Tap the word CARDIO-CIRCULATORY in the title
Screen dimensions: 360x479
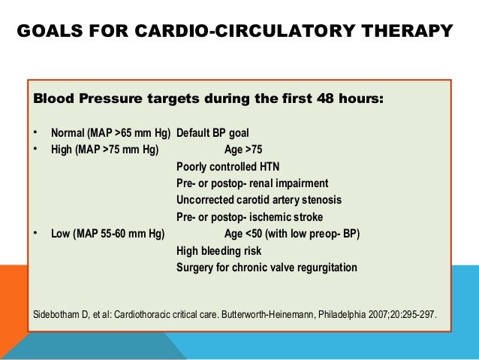[x=249, y=32]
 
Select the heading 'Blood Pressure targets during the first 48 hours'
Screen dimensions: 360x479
[x=209, y=99]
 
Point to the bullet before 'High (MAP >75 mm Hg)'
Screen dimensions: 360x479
[x=35, y=150]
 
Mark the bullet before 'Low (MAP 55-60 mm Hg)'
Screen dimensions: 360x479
[x=35, y=233]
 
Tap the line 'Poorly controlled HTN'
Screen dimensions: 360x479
[x=227, y=167]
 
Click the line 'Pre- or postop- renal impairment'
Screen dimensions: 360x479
[x=252, y=183]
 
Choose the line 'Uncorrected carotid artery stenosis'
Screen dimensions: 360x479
[x=258, y=200]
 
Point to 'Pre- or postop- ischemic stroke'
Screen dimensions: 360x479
[x=249, y=217]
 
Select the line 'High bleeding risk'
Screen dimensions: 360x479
[x=218, y=250]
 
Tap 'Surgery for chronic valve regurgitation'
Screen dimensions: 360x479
[x=267, y=267]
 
